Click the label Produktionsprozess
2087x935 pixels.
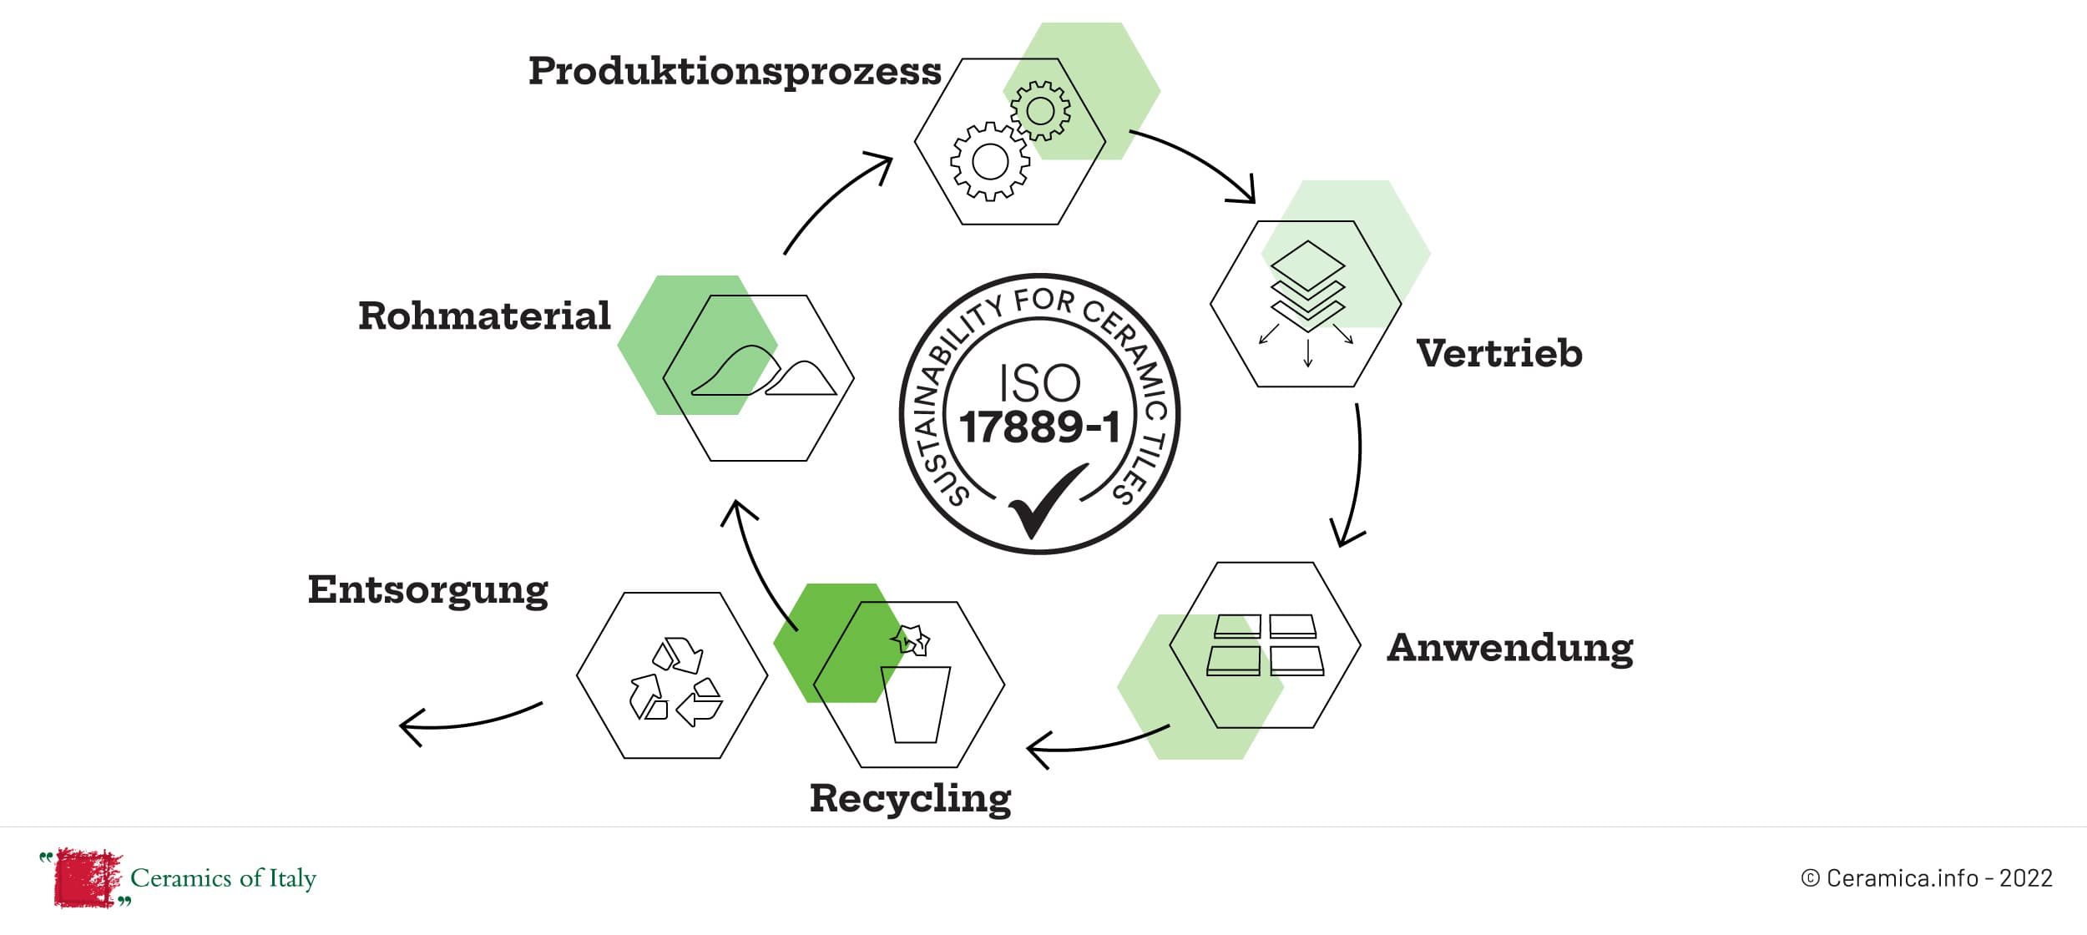click(735, 72)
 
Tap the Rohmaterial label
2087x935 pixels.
click(484, 316)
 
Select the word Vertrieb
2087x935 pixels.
click(1499, 354)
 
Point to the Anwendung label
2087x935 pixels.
click(1510, 648)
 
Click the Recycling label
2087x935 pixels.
click(910, 799)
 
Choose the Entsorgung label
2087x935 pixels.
click(427, 590)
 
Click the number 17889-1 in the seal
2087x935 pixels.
click(1039, 427)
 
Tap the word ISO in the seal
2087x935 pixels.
click(1039, 383)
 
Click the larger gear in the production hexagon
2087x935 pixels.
click(990, 161)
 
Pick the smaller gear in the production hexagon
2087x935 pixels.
click(1040, 110)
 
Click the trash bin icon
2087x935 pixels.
click(915, 703)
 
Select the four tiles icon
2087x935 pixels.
click(1266, 644)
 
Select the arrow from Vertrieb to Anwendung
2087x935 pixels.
click(1354, 476)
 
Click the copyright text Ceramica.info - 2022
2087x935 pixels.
click(1927, 878)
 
